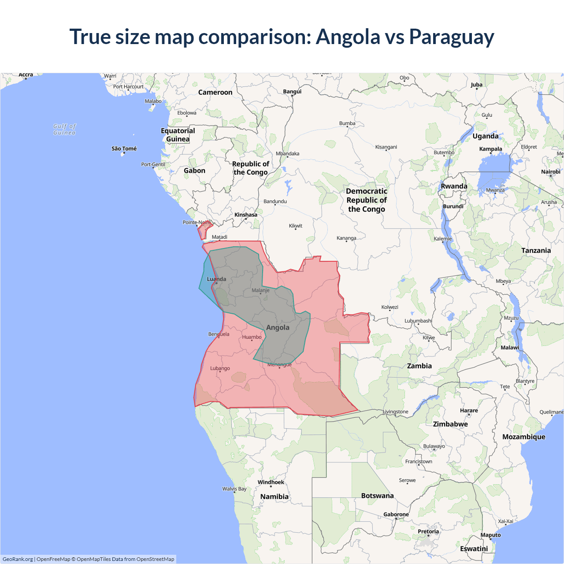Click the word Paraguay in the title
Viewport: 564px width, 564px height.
point(451,37)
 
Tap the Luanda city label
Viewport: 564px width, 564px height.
point(217,279)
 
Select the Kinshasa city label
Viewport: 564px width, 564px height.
point(246,215)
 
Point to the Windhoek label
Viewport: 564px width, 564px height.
point(271,482)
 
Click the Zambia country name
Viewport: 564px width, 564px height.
point(419,366)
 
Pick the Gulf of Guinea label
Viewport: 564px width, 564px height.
point(64,130)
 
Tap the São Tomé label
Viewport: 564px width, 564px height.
point(124,149)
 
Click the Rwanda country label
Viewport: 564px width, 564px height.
point(454,186)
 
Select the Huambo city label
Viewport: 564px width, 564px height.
point(252,337)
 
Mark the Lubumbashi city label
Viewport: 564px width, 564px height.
point(418,321)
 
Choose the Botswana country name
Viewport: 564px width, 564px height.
point(377,496)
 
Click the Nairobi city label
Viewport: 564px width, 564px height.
point(551,172)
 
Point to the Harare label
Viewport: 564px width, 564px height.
point(469,410)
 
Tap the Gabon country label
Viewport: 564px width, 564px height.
point(194,171)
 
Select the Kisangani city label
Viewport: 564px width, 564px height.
point(386,147)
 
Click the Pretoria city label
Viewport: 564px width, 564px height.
point(428,531)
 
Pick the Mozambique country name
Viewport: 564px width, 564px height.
point(523,437)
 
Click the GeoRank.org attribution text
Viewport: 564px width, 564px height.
point(18,559)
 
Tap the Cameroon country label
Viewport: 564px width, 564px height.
point(215,92)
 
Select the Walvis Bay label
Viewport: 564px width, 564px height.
point(234,489)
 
